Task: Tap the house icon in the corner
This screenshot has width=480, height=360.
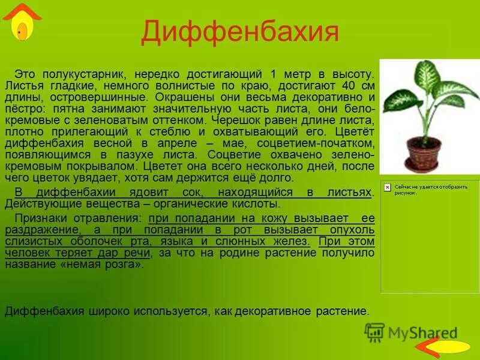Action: click(x=22, y=22)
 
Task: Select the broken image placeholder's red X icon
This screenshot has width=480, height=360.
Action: click(x=387, y=187)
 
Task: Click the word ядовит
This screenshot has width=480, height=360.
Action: click(x=154, y=192)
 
